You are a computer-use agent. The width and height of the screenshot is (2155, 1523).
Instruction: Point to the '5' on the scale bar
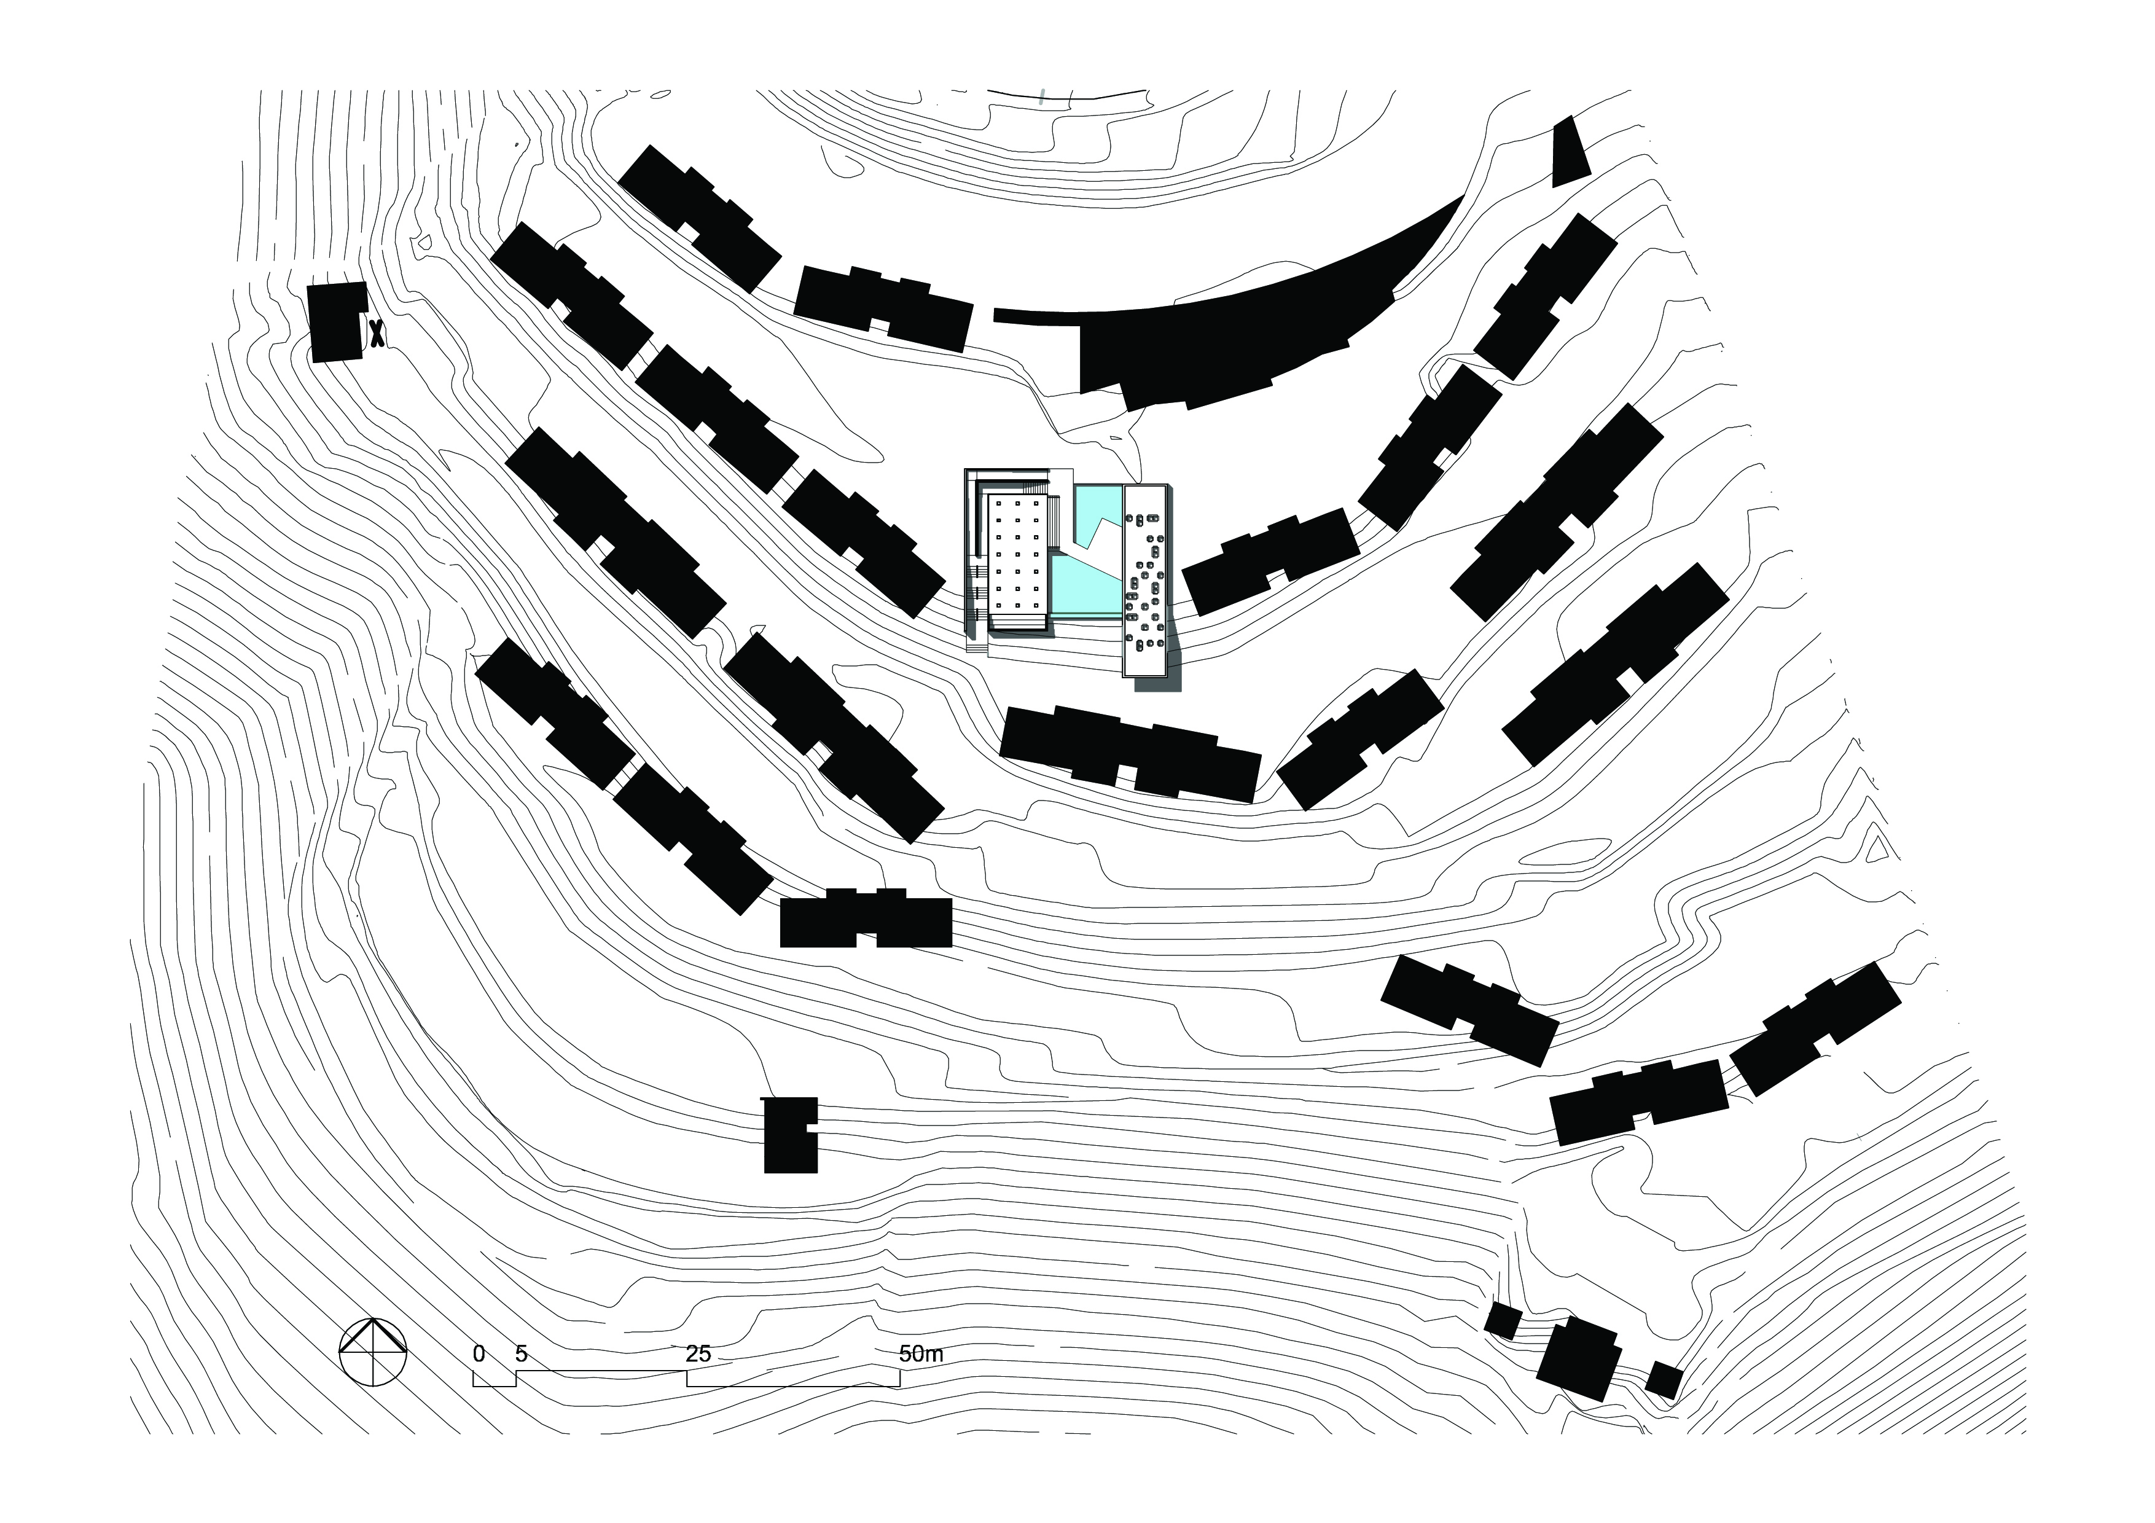(x=522, y=1353)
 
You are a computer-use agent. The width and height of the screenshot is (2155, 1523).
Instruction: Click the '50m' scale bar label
(x=921, y=1353)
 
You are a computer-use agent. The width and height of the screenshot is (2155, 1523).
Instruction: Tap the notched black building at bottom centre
(x=788, y=1135)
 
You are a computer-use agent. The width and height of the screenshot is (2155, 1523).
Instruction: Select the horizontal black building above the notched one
(x=866, y=920)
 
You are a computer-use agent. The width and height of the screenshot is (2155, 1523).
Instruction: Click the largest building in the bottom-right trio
(x=1579, y=1358)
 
